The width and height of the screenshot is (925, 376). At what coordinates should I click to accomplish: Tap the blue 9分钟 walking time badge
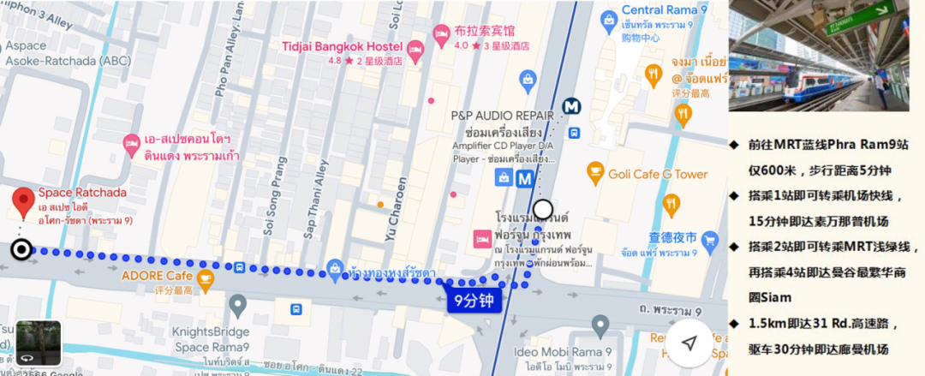pyautogui.click(x=473, y=301)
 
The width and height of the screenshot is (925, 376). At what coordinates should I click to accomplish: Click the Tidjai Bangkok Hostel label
pyautogui.click(x=343, y=45)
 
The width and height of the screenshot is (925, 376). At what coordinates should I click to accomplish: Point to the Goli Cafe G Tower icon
pyautogui.click(x=595, y=174)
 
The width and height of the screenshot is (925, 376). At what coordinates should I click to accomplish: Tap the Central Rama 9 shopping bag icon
pyautogui.click(x=609, y=19)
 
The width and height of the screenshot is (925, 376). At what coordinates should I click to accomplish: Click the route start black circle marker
pyautogui.click(x=21, y=249)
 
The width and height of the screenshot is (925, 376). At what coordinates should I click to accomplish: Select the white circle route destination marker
pyautogui.click(x=543, y=210)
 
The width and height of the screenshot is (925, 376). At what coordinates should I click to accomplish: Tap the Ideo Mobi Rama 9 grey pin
pyautogui.click(x=600, y=325)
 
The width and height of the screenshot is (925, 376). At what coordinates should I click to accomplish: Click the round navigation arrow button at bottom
pyautogui.click(x=689, y=343)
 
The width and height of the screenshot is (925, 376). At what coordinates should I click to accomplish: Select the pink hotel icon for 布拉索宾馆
pyautogui.click(x=441, y=36)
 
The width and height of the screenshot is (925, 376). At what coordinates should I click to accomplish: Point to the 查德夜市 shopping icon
pyautogui.click(x=709, y=242)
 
